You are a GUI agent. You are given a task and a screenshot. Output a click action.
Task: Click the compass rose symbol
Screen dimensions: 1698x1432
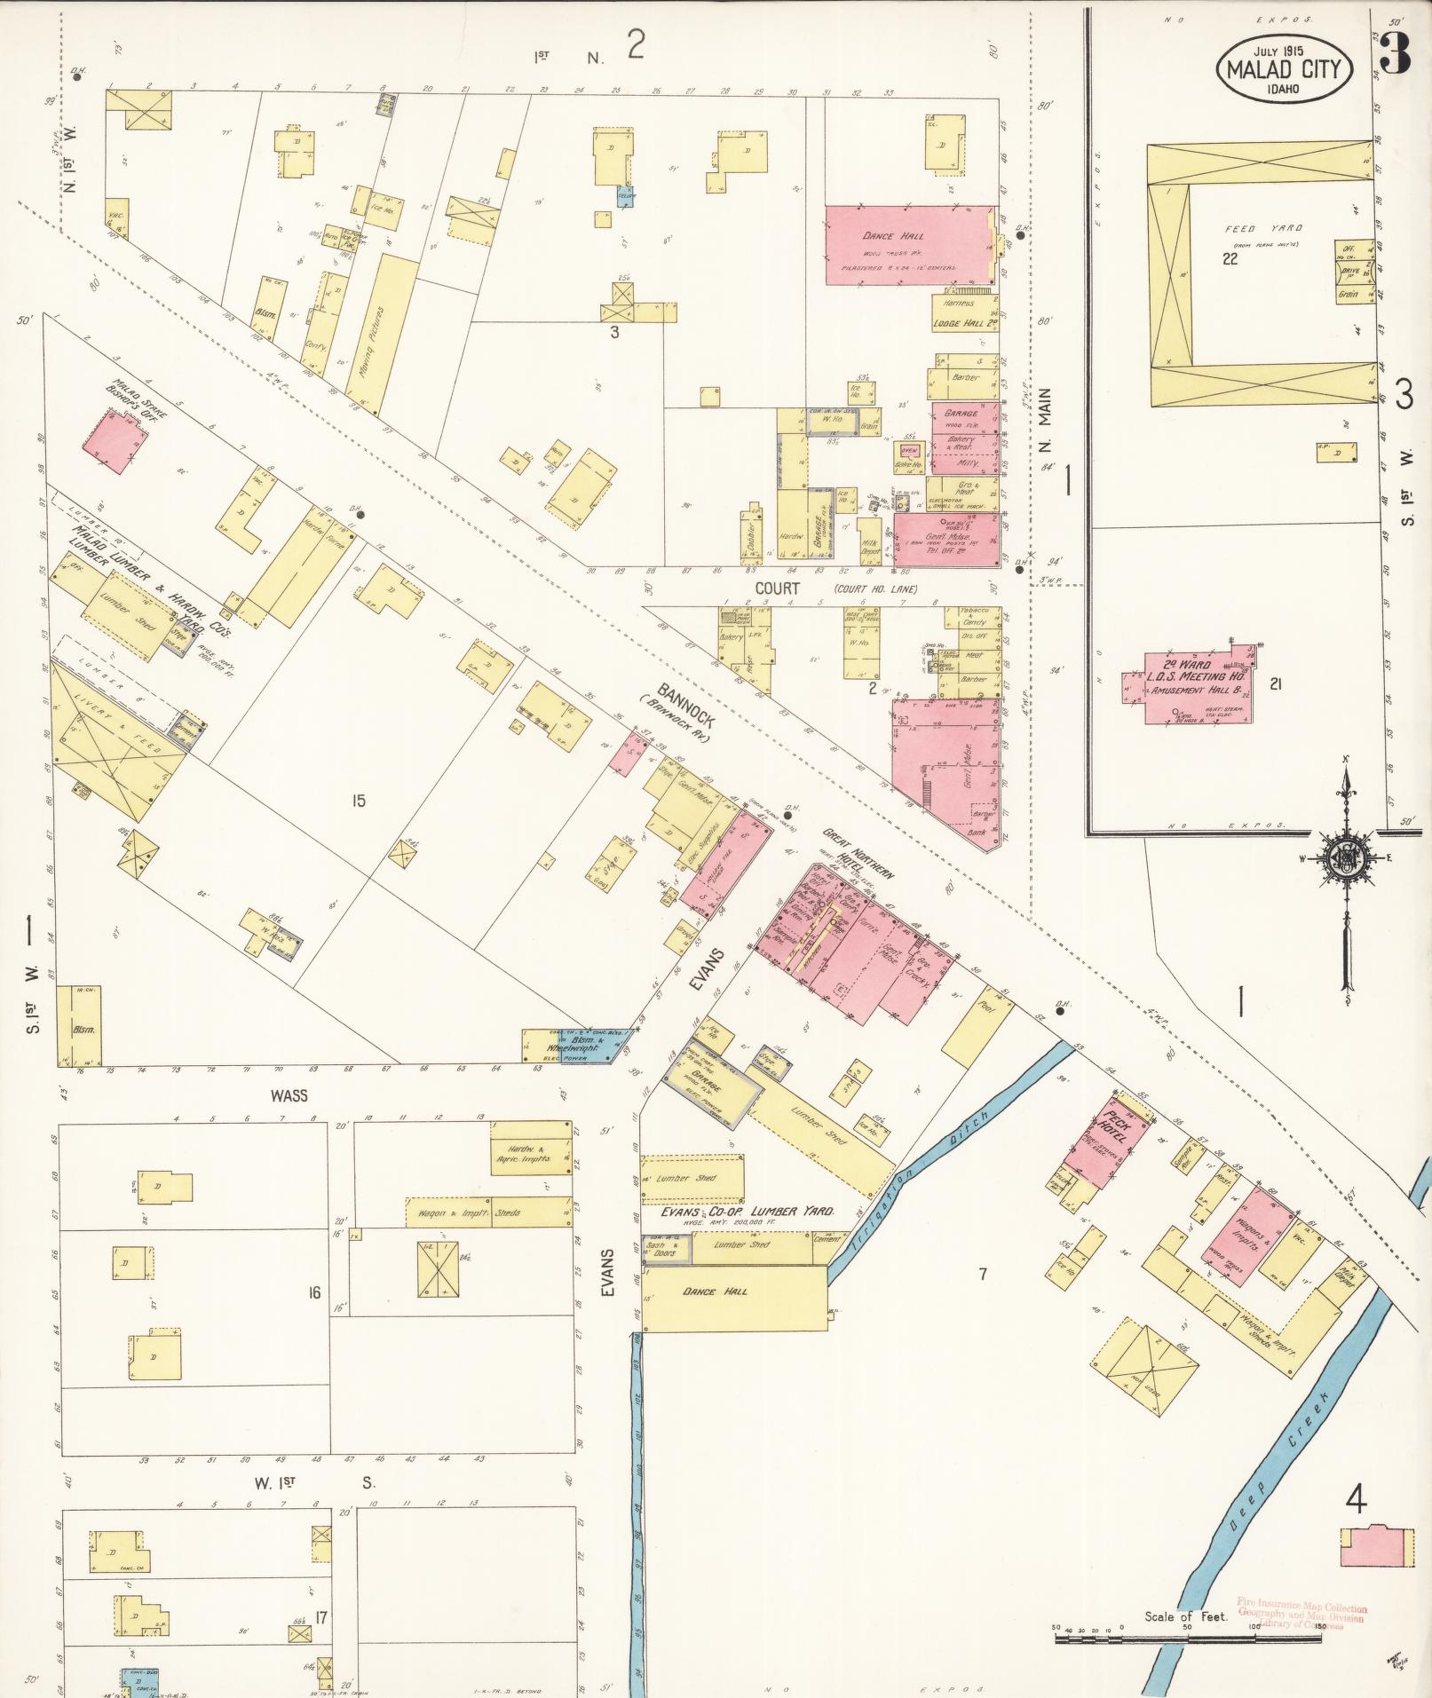(1346, 857)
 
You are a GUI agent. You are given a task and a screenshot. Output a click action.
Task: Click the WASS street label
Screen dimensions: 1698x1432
(289, 1095)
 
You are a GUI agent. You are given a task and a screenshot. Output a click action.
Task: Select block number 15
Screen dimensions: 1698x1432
(358, 801)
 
